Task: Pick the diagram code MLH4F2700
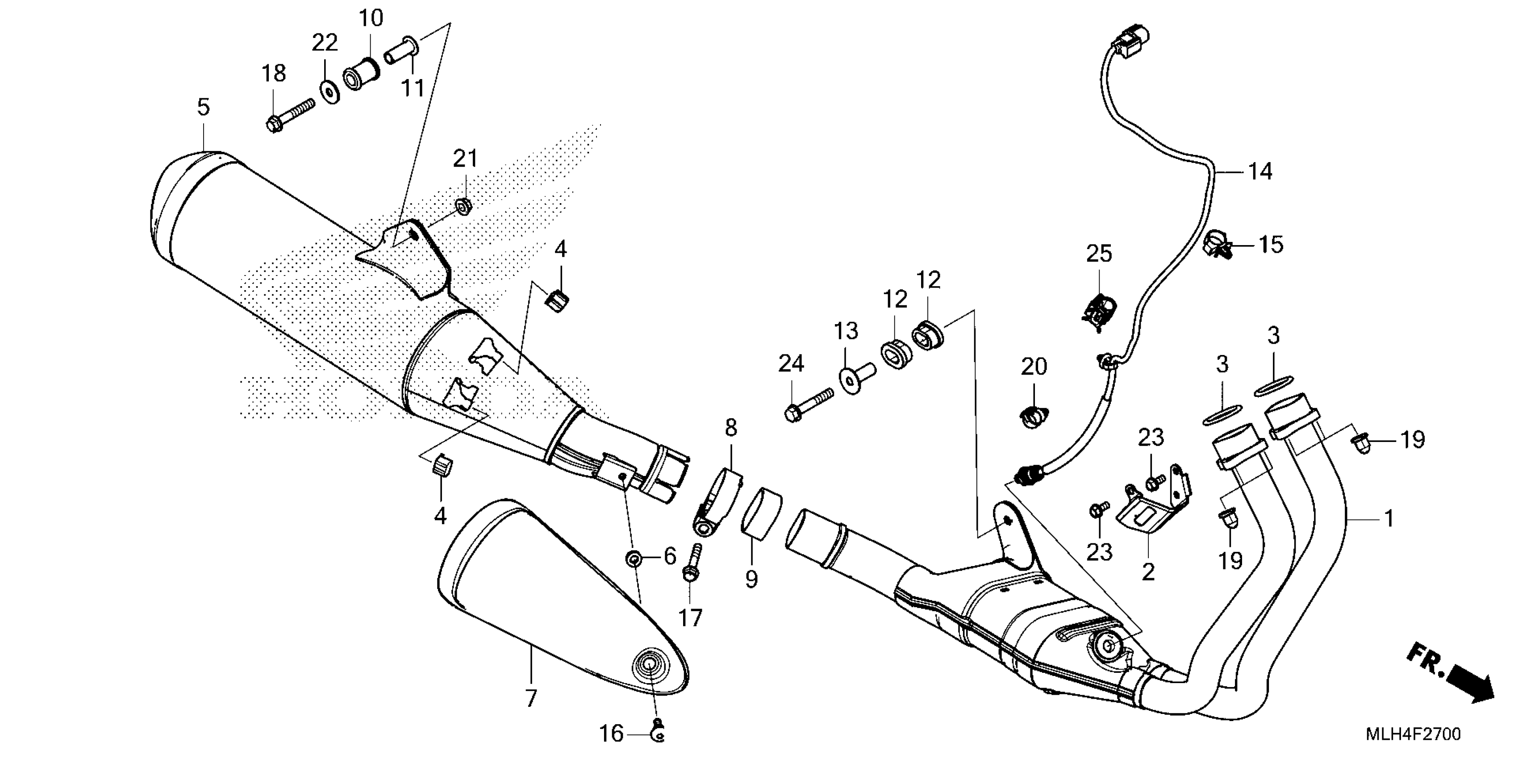(1413, 734)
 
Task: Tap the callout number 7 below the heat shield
(531, 699)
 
